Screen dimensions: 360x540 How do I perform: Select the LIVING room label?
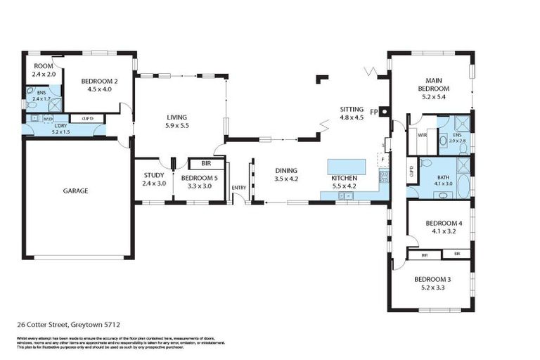178,117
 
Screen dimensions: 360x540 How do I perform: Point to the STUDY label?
153,175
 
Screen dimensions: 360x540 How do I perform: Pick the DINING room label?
286,170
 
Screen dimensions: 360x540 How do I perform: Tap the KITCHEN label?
345,179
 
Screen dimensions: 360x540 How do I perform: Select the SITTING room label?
352,110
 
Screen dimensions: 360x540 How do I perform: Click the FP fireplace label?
374,111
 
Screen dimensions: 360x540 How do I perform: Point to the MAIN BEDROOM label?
433,84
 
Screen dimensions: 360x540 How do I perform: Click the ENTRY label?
239,187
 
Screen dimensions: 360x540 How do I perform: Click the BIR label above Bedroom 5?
206,163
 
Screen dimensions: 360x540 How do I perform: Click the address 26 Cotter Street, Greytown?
68,325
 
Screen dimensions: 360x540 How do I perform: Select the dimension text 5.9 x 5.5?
178,126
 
